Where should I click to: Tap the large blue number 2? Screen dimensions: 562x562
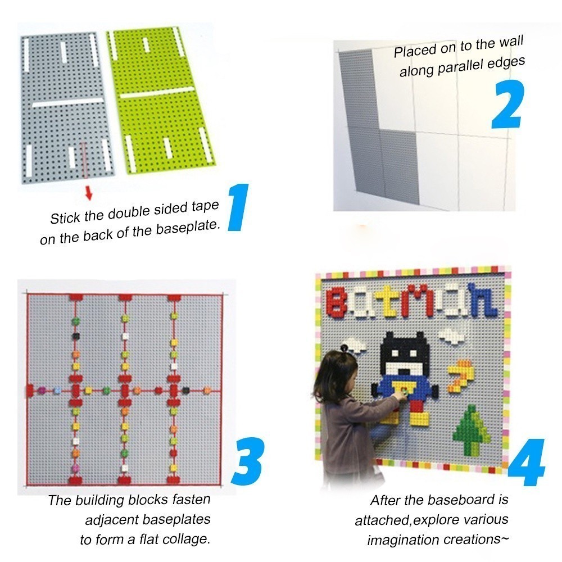click(x=508, y=104)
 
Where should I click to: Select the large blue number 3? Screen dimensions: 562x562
click(x=248, y=461)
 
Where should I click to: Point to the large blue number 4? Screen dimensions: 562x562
click(x=526, y=463)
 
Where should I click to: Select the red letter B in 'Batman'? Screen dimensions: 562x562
click(x=337, y=302)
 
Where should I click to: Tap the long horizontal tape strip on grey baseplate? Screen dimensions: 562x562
click(x=68, y=102)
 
